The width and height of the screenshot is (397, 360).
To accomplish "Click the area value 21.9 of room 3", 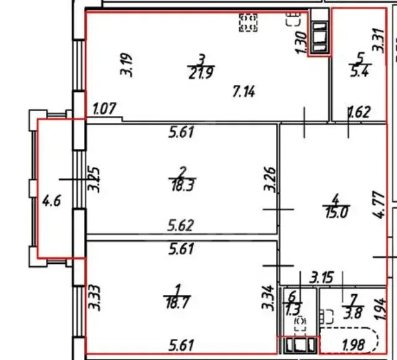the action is (x=201, y=73).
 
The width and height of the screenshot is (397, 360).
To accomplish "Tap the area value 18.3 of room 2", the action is (x=183, y=186).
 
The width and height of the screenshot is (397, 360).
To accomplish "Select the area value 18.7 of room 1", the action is (x=178, y=302).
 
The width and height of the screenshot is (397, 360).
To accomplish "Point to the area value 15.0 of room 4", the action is (x=337, y=212).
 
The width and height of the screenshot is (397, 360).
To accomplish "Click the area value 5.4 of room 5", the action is (x=360, y=71).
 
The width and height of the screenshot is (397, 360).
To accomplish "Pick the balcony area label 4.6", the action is (x=52, y=202).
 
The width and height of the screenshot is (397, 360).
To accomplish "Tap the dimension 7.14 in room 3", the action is (x=244, y=91).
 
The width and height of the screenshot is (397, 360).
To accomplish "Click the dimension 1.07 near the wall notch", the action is (x=104, y=109).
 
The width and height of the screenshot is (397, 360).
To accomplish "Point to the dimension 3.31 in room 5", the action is (x=379, y=40).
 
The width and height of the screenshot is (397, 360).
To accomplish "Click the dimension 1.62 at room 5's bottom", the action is (x=360, y=112).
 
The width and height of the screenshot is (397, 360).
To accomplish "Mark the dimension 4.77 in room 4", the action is (x=379, y=205).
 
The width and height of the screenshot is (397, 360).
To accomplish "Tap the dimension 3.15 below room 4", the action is (x=322, y=277).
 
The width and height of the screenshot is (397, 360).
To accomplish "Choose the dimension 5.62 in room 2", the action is (x=181, y=225).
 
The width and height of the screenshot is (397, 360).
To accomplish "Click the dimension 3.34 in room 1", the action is (x=268, y=298).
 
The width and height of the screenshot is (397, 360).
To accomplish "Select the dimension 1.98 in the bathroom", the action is (x=354, y=345).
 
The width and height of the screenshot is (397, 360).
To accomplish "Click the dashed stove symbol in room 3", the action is (x=248, y=23).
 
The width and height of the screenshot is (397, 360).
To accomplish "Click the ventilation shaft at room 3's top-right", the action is (x=319, y=37).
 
